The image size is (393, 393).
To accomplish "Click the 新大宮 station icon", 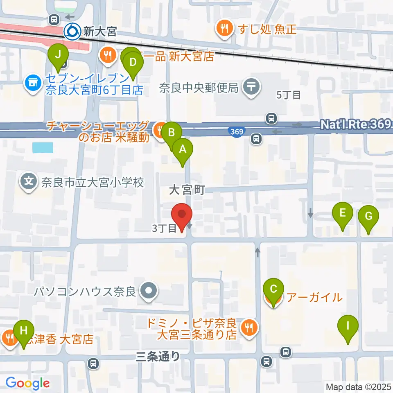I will (72, 31).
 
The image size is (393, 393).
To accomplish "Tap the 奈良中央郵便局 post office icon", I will (251, 87).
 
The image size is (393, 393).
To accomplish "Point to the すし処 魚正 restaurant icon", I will (225, 28).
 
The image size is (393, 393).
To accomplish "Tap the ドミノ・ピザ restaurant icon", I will (248, 327).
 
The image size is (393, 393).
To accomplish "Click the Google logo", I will (27, 383).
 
